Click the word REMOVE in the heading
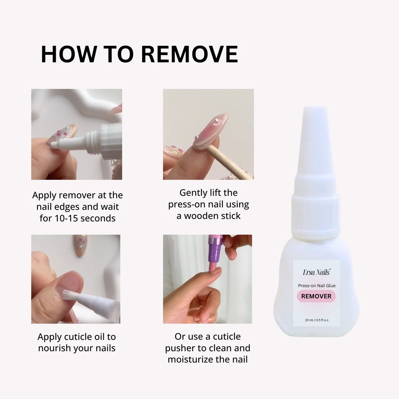point(189,54)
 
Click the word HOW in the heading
point(69,54)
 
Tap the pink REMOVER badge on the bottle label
point(316,296)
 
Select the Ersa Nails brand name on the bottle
point(316,273)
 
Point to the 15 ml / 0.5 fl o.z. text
point(317,320)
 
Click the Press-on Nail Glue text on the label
point(317,286)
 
